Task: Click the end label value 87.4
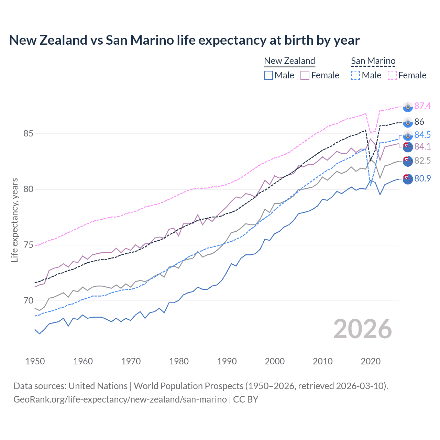pyautogui.click(x=422, y=106)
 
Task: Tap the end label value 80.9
pyautogui.click(x=422, y=178)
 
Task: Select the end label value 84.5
pyautogui.click(x=422, y=135)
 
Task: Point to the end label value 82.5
pyautogui.click(x=422, y=161)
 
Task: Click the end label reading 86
pyautogui.click(x=419, y=122)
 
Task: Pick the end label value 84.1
pyautogui.click(x=422, y=146)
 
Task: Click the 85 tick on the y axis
pyautogui.click(x=29, y=133)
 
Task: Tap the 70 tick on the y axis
pyautogui.click(x=29, y=300)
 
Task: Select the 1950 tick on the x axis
pyautogui.click(x=35, y=361)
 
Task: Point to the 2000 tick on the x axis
pyautogui.click(x=275, y=361)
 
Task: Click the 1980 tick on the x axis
pyautogui.click(x=179, y=361)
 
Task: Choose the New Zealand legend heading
pyautogui.click(x=289, y=61)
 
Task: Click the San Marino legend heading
pyautogui.click(x=373, y=61)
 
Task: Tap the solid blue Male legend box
pyautogui.click(x=268, y=75)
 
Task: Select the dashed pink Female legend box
pyautogui.click(x=392, y=75)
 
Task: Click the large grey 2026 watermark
pyautogui.click(x=363, y=329)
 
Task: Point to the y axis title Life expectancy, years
pyautogui.click(x=15, y=220)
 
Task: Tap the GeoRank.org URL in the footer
pyautogui.click(x=120, y=399)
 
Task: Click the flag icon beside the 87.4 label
pyautogui.click(x=408, y=107)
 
